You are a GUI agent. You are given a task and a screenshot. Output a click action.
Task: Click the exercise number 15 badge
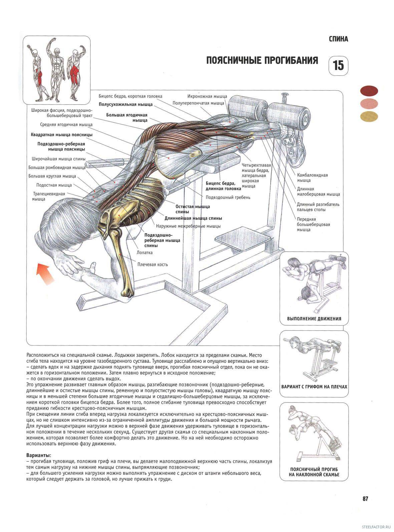tap(338, 65)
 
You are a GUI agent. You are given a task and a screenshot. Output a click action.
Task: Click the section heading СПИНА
tap(338, 39)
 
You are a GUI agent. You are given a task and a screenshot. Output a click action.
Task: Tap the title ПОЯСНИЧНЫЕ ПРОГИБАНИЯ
tap(262, 60)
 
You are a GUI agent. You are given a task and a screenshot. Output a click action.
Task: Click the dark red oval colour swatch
tap(369, 90)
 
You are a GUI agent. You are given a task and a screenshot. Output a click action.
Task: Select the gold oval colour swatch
tap(369, 116)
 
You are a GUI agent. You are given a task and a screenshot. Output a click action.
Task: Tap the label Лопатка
tap(145, 253)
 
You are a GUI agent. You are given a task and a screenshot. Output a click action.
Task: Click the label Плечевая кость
tap(152, 264)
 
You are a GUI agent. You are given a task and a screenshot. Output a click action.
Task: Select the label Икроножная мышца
tap(207, 96)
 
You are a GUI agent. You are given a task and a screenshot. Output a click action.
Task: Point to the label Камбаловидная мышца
tap(312, 178)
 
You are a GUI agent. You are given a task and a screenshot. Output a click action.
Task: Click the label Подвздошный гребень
tap(228, 197)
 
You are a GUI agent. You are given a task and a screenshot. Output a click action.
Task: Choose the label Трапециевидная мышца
tap(49, 196)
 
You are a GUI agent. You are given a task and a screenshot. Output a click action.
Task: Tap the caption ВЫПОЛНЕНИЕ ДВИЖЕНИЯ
tap(314, 318)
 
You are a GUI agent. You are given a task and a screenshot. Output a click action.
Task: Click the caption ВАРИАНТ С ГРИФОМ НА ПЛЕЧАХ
tap(314, 386)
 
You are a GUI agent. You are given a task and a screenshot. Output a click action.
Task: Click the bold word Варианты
tap(39, 455)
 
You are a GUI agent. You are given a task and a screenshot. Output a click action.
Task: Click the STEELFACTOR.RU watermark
tap(376, 526)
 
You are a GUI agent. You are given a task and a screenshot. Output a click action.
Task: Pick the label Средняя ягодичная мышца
tap(66, 124)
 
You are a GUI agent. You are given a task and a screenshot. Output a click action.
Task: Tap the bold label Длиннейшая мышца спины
tap(193, 218)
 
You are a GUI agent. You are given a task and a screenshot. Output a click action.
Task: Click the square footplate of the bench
tap(243, 238)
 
